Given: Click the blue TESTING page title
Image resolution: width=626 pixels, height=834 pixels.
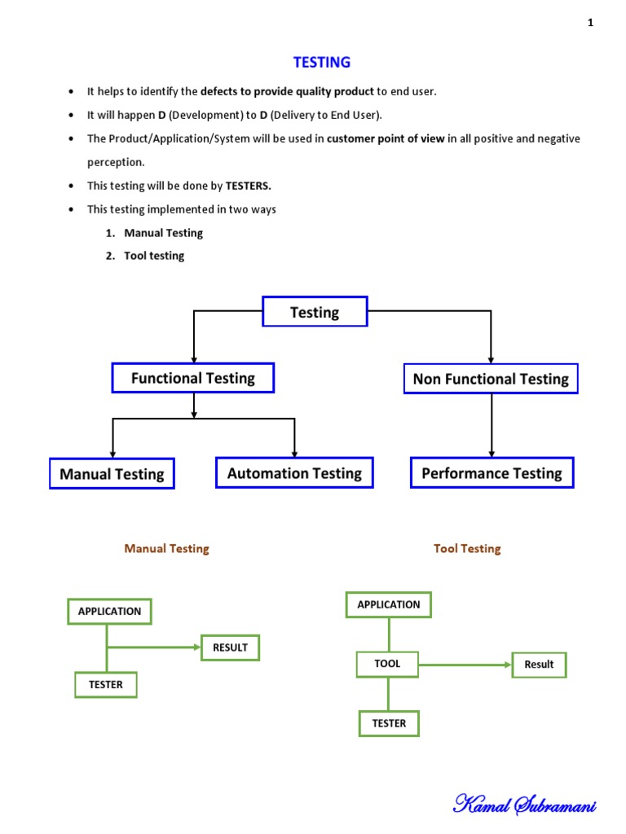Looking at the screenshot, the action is (321, 62).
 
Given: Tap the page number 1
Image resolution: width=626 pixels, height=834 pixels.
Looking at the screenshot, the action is (590, 22).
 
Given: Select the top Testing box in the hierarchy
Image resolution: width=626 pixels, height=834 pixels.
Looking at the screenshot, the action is (315, 311).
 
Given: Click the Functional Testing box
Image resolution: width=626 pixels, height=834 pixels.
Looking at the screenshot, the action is (192, 378).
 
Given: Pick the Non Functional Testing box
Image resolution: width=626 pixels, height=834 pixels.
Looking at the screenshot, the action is (491, 379).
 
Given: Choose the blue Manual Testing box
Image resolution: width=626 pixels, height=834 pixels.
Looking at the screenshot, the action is (112, 473).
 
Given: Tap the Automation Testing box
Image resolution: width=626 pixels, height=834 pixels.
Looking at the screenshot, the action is (294, 472).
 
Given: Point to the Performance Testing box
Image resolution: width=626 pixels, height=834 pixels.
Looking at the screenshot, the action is (492, 472).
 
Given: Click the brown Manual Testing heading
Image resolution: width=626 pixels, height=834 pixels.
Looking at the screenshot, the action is (166, 548).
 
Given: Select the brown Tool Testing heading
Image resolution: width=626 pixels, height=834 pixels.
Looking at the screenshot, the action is (467, 548).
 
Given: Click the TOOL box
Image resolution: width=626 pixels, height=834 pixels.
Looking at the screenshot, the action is (387, 665).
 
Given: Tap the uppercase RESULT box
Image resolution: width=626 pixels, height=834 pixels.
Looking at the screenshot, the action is (231, 647).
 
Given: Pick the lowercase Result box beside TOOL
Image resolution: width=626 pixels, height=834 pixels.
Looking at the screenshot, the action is (540, 665).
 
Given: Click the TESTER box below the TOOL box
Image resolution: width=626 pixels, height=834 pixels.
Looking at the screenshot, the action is (389, 723).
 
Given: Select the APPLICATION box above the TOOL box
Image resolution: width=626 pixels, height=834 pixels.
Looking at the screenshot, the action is (389, 605).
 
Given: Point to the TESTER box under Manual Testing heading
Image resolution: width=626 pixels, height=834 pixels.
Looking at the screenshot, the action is (106, 684).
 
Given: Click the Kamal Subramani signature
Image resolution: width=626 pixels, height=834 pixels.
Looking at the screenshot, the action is (524, 804).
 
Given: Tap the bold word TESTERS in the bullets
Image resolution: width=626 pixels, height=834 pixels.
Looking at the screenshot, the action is (248, 186).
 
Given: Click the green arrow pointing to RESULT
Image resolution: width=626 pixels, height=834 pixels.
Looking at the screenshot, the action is (154, 647).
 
